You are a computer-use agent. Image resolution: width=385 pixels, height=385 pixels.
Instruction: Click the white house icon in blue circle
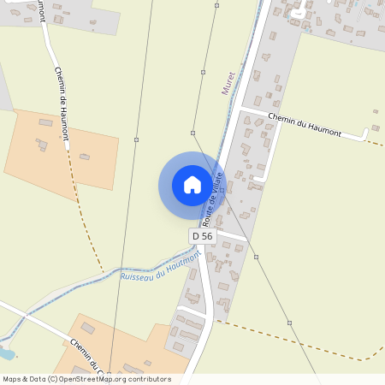coord(192,185)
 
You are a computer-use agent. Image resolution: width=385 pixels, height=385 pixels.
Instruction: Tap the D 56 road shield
coord(202,235)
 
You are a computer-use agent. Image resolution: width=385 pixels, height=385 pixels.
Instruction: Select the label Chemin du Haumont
coord(305,125)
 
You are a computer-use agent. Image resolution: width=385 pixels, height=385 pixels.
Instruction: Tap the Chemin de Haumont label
coord(62,104)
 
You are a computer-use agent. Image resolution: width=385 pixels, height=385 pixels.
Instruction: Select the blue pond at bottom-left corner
coord(5,353)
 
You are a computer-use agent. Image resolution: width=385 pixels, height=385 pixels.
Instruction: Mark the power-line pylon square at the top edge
coord(216,6)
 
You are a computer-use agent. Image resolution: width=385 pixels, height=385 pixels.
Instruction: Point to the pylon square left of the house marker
coord(136,139)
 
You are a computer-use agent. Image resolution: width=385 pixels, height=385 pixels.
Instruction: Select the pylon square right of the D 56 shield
coord(256,256)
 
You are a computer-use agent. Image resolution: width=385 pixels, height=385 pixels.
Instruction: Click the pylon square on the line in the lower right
coord(289,323)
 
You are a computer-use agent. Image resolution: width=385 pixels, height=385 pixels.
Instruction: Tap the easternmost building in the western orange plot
coord(85,157)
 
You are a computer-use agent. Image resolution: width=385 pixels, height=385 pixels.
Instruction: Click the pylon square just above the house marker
coord(193,133)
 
